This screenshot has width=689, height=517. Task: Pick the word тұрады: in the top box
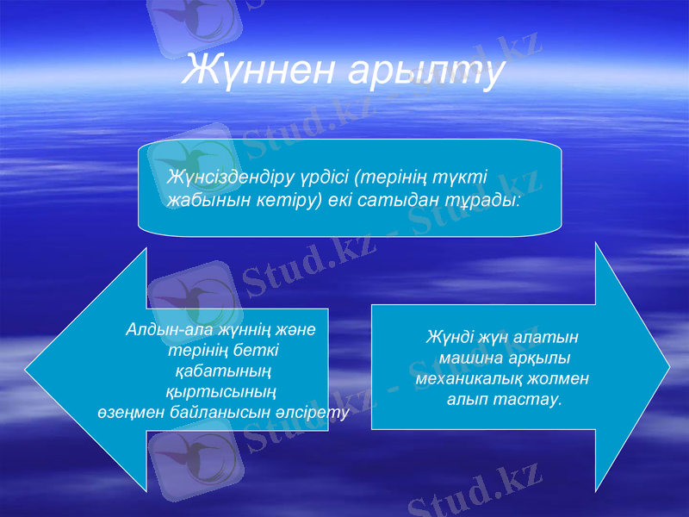(483, 200)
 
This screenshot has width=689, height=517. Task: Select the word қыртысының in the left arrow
(220, 392)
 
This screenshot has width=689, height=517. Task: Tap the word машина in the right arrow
(469, 358)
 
